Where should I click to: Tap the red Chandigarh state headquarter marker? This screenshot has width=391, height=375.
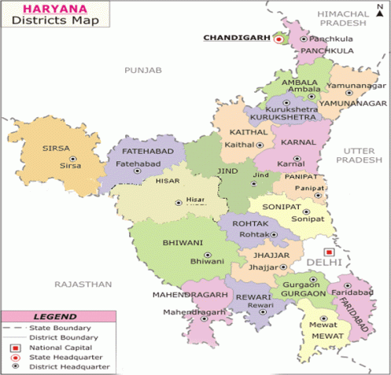(278, 38)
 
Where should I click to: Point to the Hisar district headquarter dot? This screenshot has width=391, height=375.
(178, 203)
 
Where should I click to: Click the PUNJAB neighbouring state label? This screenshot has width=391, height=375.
(142, 71)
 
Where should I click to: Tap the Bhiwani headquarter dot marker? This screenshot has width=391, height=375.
(207, 255)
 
